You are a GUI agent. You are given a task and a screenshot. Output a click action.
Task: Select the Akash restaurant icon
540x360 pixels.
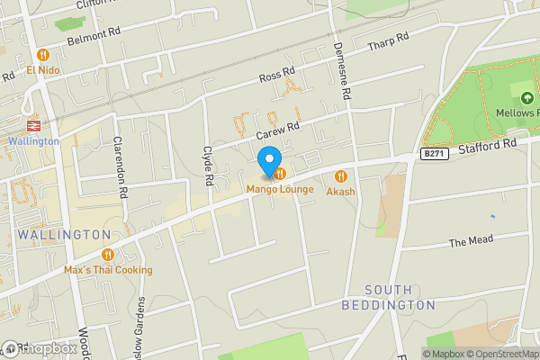tap(341, 176)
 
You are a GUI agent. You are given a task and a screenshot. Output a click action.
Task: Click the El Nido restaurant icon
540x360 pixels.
tap(42, 54)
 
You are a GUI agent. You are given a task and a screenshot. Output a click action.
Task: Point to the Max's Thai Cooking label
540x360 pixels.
tap(108, 269)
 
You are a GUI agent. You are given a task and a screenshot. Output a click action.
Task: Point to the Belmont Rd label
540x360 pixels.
tap(94, 37)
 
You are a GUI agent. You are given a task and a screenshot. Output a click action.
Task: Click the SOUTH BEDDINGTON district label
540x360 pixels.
tap(400, 297)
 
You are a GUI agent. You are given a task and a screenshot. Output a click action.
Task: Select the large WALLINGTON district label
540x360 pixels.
tap(63, 234)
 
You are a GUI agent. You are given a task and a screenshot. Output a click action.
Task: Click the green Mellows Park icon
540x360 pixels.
tap(526, 97)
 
